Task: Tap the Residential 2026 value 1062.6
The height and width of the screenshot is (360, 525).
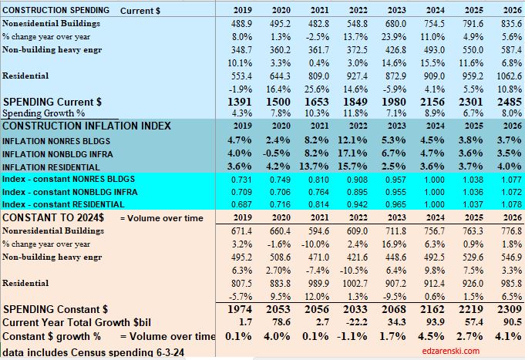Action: pos(502,76)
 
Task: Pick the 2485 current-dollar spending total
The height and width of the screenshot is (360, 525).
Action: pos(503,102)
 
